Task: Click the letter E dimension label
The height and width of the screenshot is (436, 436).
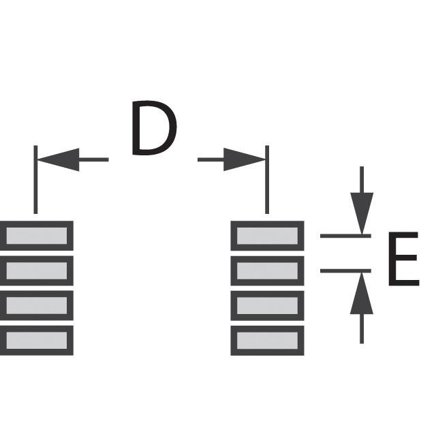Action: click(403, 259)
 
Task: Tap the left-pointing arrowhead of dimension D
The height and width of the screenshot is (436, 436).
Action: click(58, 159)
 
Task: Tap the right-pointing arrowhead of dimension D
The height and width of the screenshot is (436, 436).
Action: click(245, 159)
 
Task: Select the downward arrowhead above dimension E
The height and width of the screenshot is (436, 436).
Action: click(362, 213)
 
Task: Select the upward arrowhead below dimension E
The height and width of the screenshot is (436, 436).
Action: click(362, 293)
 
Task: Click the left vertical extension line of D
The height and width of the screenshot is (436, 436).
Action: click(35, 180)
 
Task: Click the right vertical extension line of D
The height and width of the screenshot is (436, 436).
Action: click(267, 180)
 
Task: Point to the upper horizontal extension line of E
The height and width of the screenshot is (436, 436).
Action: click(345, 236)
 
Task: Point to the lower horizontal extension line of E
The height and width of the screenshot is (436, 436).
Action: click(345, 271)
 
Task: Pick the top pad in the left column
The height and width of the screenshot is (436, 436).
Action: click(36, 236)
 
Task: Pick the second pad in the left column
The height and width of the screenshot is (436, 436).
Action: click(36, 271)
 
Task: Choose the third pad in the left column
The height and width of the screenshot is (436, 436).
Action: click(36, 306)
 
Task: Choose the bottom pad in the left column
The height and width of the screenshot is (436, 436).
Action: click(36, 341)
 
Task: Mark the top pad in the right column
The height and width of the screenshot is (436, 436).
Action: click(267, 236)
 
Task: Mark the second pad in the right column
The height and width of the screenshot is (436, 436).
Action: click(267, 271)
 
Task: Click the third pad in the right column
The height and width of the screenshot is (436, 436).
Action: click(267, 306)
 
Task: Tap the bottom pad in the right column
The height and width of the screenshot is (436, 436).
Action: click(267, 341)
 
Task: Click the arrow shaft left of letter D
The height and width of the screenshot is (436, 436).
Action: click(94, 159)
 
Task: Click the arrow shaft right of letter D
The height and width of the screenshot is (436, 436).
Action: click(211, 159)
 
